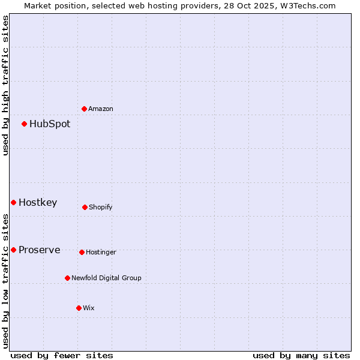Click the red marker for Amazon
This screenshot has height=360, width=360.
click(84, 109)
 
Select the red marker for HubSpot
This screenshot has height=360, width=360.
click(24, 124)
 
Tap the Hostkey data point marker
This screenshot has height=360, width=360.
click(13, 202)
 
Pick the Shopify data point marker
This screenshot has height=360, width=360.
click(85, 207)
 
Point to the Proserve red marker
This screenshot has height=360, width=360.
click(13, 250)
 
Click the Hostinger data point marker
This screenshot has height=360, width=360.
click(82, 252)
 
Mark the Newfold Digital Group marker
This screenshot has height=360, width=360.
click(67, 278)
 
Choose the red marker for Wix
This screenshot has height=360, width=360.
click(79, 308)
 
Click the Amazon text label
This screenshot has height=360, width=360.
click(101, 109)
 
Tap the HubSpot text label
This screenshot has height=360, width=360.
click(50, 124)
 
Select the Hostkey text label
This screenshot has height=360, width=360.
click(38, 203)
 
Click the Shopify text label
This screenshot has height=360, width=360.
click(101, 207)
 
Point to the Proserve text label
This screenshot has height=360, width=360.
click(40, 250)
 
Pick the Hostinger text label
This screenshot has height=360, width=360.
click(101, 252)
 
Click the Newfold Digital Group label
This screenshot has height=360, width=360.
click(107, 278)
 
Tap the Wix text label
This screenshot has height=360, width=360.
click(89, 308)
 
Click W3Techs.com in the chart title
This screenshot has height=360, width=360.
click(308, 5)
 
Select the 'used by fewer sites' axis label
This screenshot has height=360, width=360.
click(62, 355)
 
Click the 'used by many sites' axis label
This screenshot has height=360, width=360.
click(301, 355)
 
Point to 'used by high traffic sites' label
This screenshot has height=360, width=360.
click(5, 85)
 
